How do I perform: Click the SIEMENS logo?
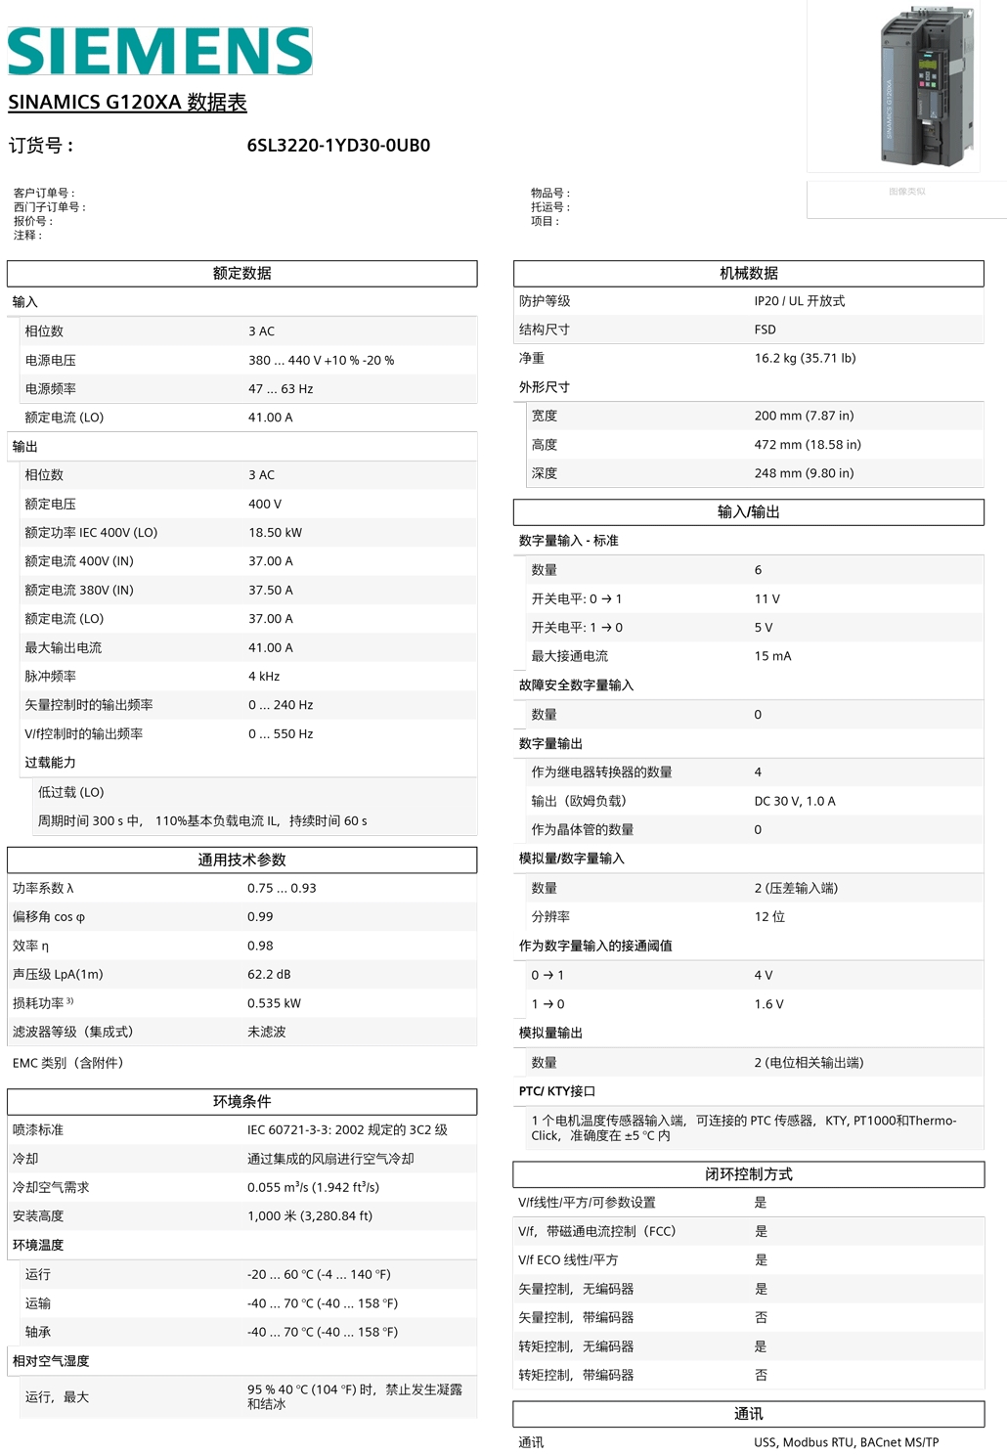159,51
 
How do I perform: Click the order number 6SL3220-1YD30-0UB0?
338,146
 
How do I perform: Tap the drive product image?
928,85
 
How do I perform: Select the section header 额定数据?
242,274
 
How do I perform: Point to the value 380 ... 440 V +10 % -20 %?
321,361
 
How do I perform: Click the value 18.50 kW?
275,533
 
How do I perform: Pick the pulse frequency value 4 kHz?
264,677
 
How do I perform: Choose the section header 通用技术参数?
242,860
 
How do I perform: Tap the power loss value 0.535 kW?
274,1003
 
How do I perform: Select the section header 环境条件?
242,1102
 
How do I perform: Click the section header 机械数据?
749,274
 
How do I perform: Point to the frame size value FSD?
765,331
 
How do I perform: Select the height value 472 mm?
808,445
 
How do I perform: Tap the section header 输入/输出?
749,512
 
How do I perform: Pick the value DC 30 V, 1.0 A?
795,802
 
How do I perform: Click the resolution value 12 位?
769,917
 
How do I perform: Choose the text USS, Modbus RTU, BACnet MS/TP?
846,1442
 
